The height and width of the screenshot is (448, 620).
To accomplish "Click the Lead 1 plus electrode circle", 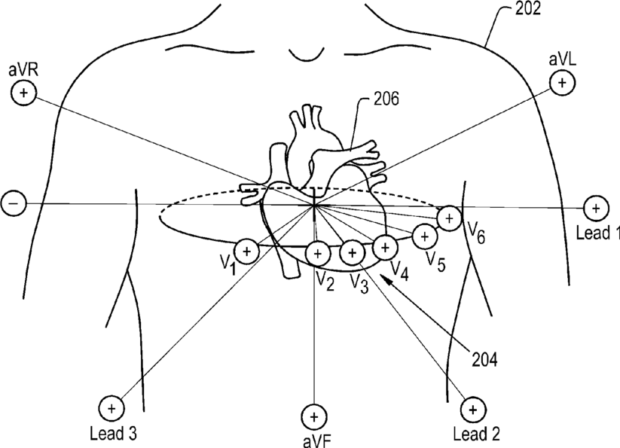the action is click(595, 207).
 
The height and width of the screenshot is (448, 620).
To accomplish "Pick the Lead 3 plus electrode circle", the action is click(111, 409).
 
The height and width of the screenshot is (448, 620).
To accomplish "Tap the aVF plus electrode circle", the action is click(313, 416).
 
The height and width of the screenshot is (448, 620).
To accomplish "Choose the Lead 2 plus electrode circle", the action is click(472, 410).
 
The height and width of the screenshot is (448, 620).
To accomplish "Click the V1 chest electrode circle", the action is click(247, 251).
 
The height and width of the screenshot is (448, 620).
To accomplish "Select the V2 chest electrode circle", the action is click(318, 254).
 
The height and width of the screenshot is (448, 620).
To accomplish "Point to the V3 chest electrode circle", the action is click(352, 254).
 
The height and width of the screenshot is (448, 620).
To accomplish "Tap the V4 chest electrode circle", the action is click(385, 246).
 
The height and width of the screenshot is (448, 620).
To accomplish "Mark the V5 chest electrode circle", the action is click(425, 236).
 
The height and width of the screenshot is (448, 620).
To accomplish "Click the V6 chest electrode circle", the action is click(450, 218).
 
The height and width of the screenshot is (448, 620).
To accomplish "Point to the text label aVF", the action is click(313, 438).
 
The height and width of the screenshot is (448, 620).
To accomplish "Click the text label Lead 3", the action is click(112, 434).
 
